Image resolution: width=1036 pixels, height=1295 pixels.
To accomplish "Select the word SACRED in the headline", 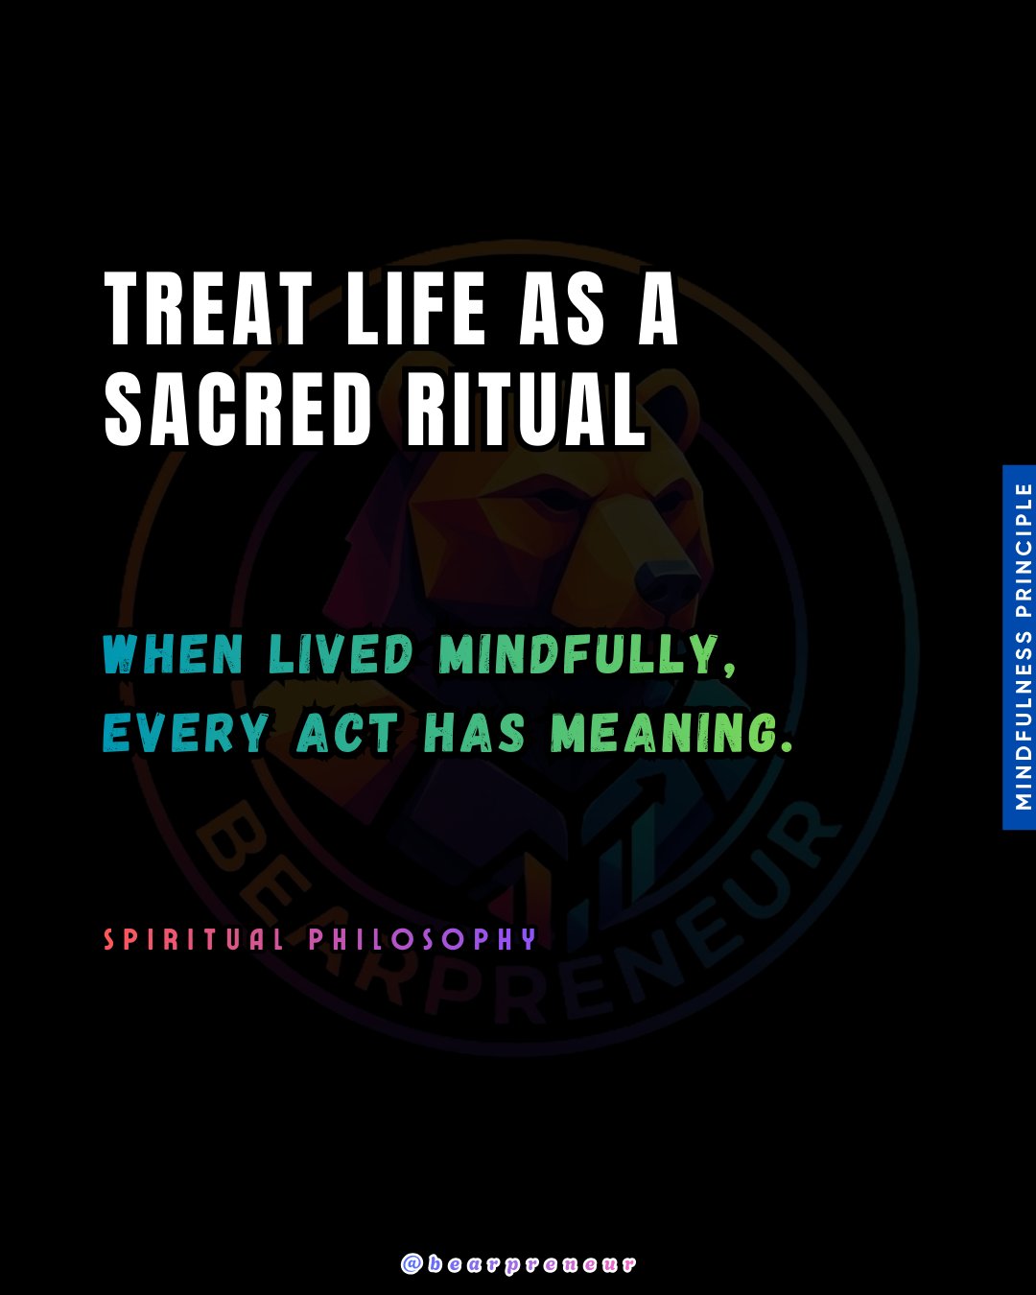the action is pyautogui.click(x=237, y=409).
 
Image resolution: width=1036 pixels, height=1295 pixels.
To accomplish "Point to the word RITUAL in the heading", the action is pyautogui.click(x=526, y=409).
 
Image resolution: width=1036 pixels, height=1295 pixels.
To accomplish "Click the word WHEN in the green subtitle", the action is pyautogui.click(x=173, y=655).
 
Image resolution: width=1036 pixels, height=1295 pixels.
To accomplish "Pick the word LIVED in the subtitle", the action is pyautogui.click(x=341, y=655).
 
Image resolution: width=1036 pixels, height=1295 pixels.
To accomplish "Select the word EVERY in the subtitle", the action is pyautogui.click(x=186, y=733).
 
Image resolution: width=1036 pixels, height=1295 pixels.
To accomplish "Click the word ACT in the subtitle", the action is pyautogui.click(x=347, y=733).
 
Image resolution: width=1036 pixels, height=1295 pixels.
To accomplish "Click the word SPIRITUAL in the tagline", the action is pyautogui.click(x=193, y=940).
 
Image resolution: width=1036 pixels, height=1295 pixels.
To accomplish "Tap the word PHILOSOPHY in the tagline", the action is pyautogui.click(x=423, y=940).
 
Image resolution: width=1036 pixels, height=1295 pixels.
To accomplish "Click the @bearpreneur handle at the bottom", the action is pyautogui.click(x=518, y=1264).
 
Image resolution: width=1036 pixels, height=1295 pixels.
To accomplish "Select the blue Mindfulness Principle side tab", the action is pyautogui.click(x=1020, y=647).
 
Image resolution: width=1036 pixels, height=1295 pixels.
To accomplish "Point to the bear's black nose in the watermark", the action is pyautogui.click(x=667, y=582).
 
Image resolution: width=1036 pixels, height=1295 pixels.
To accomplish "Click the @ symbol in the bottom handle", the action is pyautogui.click(x=412, y=1264).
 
